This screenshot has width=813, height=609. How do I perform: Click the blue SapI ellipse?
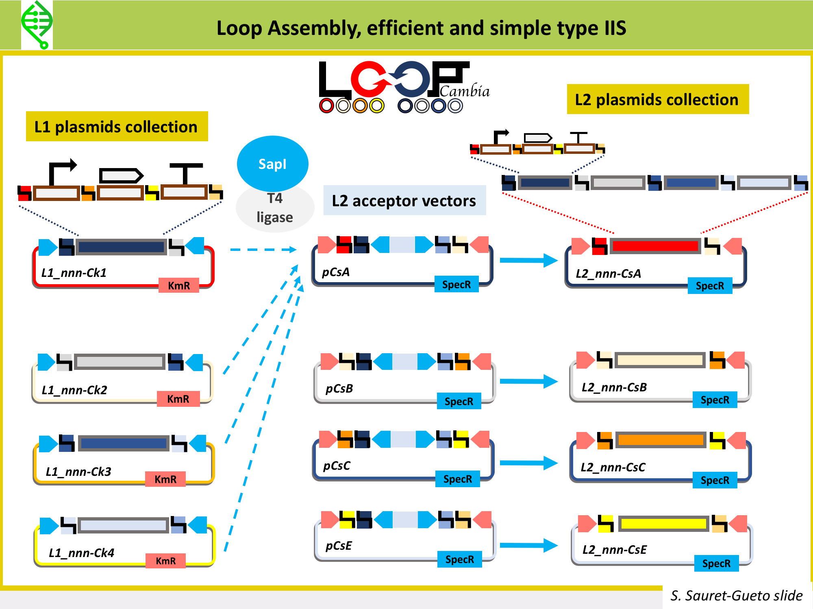[x=272, y=164]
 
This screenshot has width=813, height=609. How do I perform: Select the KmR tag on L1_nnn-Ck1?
[x=179, y=285]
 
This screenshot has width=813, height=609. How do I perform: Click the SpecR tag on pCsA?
[x=456, y=284]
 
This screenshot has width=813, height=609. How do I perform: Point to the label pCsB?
[x=339, y=389]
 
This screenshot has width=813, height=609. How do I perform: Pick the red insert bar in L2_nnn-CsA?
[x=655, y=246]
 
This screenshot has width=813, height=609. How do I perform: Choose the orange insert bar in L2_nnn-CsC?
[x=661, y=440]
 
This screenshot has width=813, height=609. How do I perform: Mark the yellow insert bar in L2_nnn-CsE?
[x=664, y=524]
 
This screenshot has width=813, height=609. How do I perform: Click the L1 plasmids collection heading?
[x=117, y=127]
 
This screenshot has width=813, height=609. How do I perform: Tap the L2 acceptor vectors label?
[x=404, y=201]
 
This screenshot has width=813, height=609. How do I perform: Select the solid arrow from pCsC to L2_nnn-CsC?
[x=529, y=463]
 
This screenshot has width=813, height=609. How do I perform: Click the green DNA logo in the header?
[x=37, y=25]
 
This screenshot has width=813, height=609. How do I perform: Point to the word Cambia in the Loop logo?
[x=465, y=91]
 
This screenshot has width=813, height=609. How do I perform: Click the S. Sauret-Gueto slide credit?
[x=737, y=595]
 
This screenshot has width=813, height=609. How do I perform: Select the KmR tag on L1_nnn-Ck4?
[x=166, y=561]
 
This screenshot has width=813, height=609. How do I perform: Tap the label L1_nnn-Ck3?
[x=78, y=471]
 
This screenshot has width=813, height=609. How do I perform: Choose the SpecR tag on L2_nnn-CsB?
[x=715, y=400]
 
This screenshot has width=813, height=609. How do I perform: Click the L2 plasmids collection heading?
[x=657, y=99]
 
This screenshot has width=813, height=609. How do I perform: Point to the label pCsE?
[x=339, y=546]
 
